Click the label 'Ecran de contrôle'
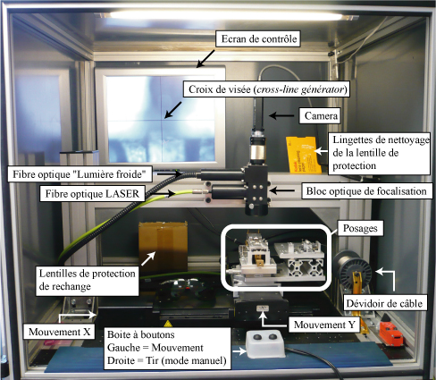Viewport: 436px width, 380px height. coord(258,38)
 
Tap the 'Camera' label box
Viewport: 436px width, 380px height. coord(320,115)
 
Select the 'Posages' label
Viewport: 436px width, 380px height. coord(360,228)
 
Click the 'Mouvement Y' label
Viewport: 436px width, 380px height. coord(324,325)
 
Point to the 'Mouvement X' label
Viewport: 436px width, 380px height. coord(59,332)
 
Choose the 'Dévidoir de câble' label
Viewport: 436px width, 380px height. coord(384,303)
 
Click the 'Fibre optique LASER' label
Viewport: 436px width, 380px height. coord(92,194)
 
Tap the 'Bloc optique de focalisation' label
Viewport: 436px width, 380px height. coord(366,191)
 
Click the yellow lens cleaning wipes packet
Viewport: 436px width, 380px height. coord(304,155)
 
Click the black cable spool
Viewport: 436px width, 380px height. coord(353,270)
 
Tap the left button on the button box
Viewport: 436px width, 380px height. coord(257,337)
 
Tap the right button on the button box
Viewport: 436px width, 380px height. coord(272,337)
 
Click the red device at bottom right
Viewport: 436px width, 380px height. coord(391,333)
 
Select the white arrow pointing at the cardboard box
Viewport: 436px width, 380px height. coord(148,258)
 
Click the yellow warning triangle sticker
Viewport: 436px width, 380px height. coord(167,324)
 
